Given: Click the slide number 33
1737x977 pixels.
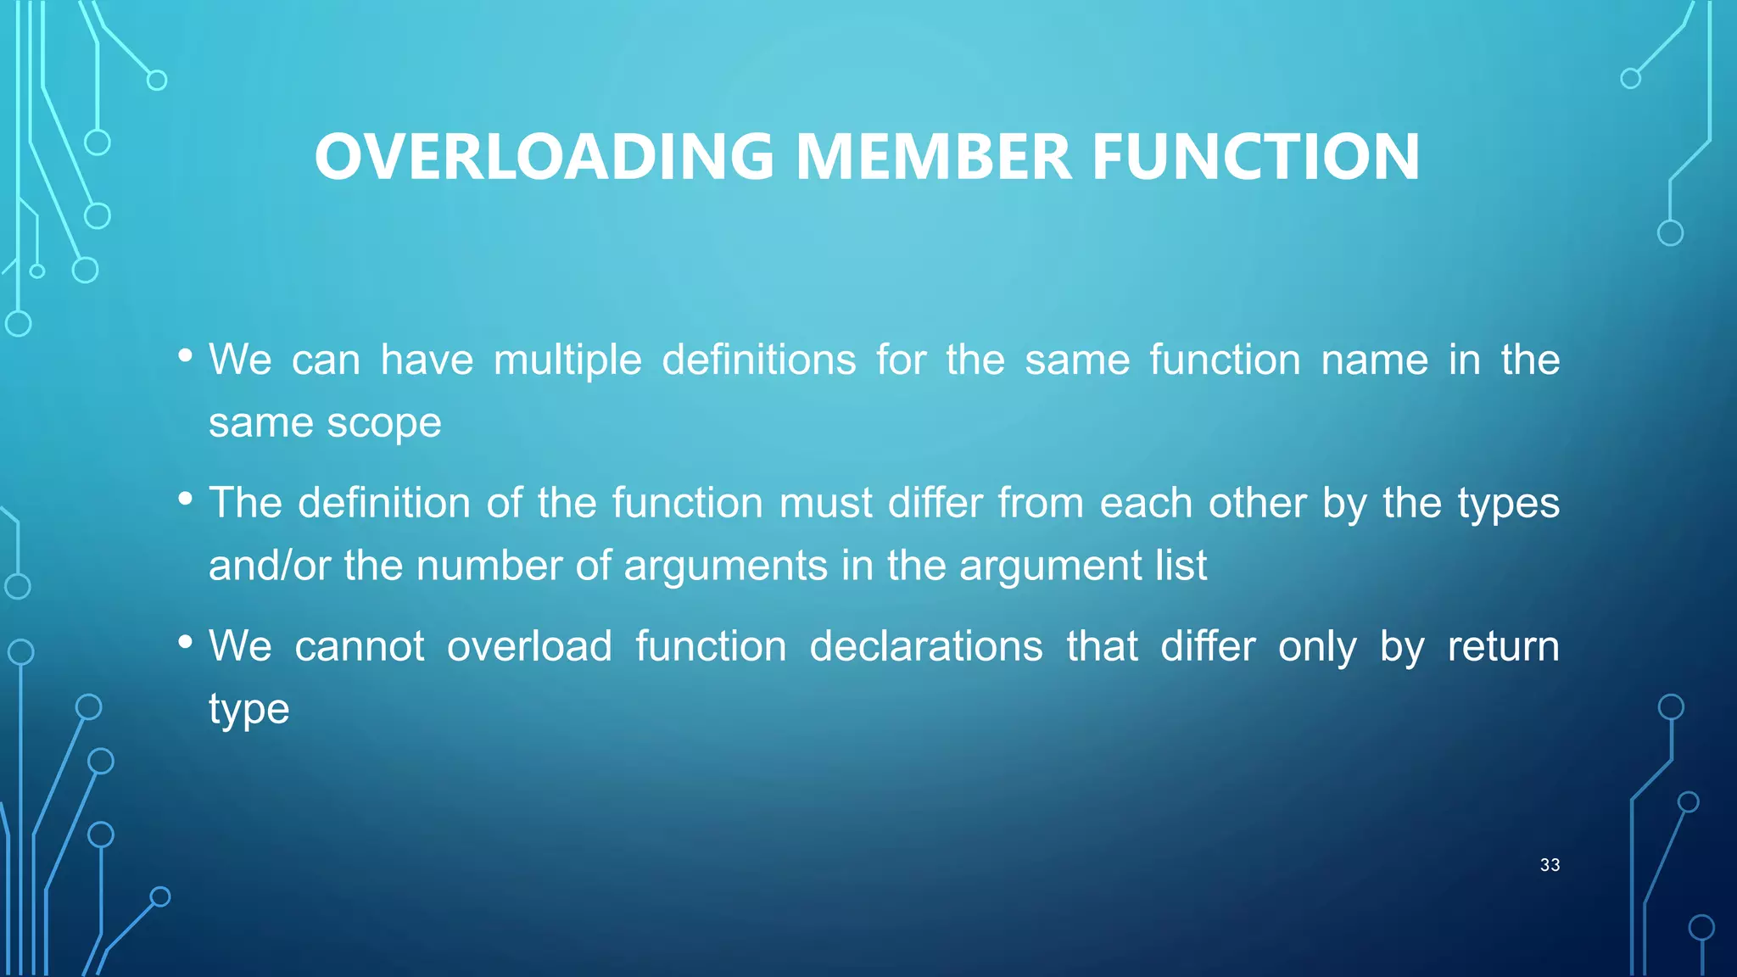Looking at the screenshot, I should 1550,865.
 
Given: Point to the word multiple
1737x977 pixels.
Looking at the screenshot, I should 567,360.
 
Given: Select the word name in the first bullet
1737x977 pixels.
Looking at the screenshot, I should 1375,360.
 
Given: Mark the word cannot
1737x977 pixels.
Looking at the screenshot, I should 360,646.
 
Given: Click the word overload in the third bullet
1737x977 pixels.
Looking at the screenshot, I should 529,646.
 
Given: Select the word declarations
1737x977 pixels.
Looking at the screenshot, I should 926,646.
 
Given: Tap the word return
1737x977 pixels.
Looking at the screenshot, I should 1503,646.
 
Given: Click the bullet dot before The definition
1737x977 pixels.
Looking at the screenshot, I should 186,500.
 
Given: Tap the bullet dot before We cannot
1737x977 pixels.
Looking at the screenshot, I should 186,642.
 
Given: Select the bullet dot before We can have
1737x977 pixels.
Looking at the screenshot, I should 186,356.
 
